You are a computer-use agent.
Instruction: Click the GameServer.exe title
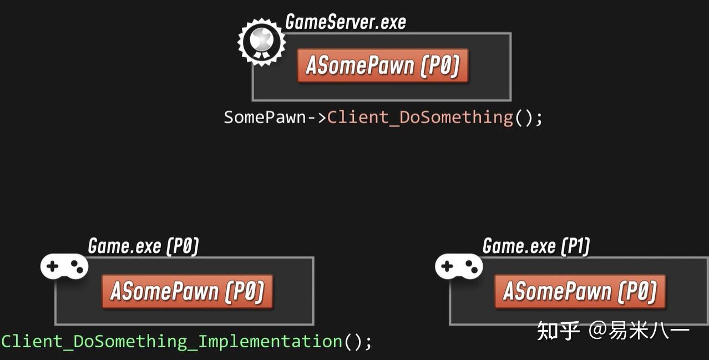point(345,22)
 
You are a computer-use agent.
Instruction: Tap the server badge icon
point(261,42)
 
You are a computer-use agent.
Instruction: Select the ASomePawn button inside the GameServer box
point(382,66)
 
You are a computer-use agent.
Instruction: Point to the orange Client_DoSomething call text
point(420,118)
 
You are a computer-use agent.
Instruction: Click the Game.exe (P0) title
point(143,246)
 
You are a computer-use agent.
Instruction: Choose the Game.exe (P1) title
point(535,246)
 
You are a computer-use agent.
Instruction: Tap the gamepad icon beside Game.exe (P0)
point(64,267)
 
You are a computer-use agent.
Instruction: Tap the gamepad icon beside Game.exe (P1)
point(458,267)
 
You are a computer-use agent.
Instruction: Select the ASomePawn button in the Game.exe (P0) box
point(187,291)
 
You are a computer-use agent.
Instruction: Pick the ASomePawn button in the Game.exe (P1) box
point(579,291)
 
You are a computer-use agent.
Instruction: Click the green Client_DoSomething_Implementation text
point(172,341)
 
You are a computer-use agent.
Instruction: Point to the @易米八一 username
point(639,331)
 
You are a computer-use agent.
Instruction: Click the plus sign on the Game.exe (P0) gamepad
point(53,266)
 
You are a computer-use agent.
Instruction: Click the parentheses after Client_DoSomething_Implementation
point(353,341)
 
